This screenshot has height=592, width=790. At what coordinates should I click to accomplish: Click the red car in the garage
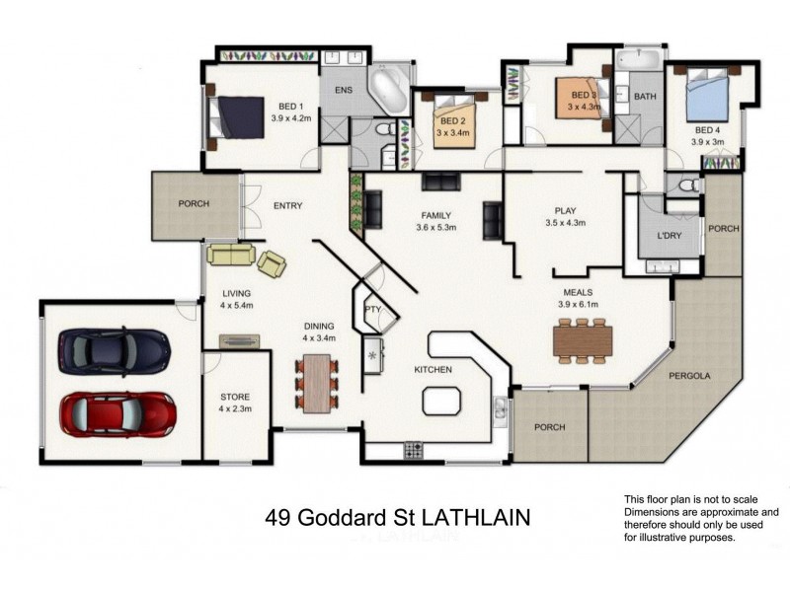click(118, 413)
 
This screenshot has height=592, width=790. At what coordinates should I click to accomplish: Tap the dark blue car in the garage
click(114, 349)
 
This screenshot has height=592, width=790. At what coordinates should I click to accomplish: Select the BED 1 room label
click(290, 107)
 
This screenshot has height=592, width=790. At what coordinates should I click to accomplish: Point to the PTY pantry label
click(372, 309)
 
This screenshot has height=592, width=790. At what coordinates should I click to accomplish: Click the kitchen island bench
click(440, 401)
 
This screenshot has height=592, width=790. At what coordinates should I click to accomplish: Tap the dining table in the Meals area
click(584, 340)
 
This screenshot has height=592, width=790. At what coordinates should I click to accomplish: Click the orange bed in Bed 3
click(578, 98)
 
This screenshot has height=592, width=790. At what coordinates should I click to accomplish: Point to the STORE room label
click(235, 397)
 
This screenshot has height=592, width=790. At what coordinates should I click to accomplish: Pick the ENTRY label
click(287, 205)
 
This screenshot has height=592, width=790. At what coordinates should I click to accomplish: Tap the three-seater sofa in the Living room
click(230, 256)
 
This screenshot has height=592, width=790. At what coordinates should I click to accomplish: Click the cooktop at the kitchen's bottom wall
click(413, 451)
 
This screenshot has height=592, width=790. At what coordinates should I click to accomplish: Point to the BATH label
click(645, 97)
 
